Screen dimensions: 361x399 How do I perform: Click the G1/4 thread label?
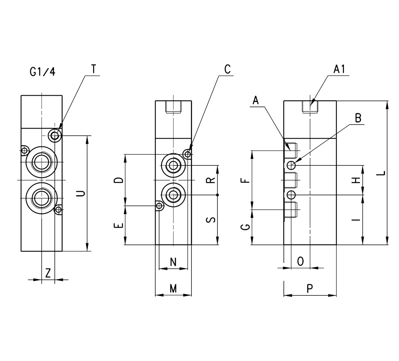tap(42, 72)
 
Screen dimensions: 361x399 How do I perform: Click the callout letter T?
tap(94, 69)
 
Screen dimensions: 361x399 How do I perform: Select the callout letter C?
tap(227, 69)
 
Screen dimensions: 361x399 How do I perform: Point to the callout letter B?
tap(358, 118)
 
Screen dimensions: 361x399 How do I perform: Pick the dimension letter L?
tap(382, 173)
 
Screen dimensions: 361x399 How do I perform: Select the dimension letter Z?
tap(48, 273)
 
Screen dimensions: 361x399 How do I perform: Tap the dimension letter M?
tap(173, 289)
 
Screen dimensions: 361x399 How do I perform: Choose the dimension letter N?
tap(173, 262)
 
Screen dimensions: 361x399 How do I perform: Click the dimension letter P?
tap(310, 289)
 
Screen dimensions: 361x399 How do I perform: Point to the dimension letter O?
tap(300, 261)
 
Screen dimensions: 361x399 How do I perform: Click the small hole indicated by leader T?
tap(55, 135)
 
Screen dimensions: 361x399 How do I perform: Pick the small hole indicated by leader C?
tap(188, 154)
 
